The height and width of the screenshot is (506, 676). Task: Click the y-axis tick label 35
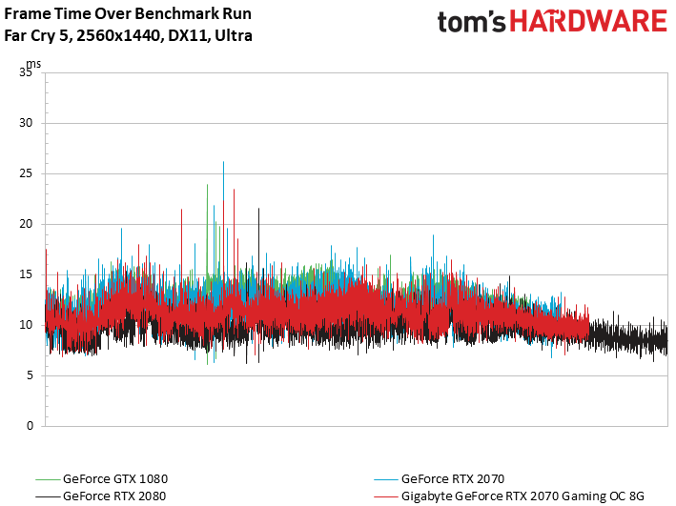point(26,72)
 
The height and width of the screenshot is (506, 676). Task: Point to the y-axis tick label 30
point(26,123)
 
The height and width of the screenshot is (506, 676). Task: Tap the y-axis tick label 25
point(26,173)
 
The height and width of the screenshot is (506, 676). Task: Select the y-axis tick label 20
point(26,224)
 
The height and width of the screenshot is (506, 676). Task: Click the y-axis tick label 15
point(26,274)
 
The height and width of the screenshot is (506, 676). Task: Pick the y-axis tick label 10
point(26,325)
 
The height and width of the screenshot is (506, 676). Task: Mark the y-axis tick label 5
point(30,375)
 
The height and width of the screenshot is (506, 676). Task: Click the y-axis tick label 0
point(30,426)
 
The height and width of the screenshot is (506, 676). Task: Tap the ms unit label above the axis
point(33,64)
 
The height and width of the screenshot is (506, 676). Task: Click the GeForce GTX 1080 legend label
point(115,479)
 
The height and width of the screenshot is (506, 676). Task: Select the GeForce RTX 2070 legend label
point(453,479)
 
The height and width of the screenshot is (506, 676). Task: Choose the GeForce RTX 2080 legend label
point(114,496)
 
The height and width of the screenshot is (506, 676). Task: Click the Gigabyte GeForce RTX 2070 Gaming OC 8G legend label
point(522,496)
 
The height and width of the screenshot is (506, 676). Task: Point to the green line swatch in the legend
point(48,479)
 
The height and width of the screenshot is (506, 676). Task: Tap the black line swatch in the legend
point(48,496)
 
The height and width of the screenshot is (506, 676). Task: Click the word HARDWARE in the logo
point(588,21)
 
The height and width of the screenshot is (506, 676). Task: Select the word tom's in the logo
point(471,22)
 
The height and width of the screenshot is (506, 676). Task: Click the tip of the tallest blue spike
point(223,162)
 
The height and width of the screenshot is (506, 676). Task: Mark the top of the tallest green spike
point(207,185)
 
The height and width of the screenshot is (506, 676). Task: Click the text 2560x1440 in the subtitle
point(118,35)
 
